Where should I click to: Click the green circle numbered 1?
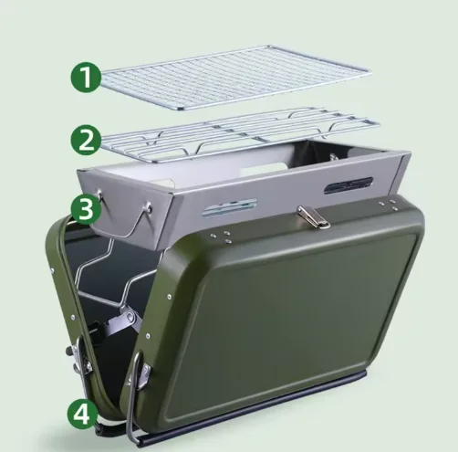(x=86, y=77)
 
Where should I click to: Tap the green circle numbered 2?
(x=86, y=140)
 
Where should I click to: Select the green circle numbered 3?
(x=86, y=210)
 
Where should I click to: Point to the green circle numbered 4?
(x=82, y=415)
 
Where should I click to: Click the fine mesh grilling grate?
(x=234, y=78)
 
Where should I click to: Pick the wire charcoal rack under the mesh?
(x=240, y=134)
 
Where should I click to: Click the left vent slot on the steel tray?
(x=230, y=206)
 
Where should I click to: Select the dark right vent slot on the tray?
(x=349, y=185)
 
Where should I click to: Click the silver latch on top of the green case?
(x=313, y=216)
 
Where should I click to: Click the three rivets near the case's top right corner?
(x=388, y=205)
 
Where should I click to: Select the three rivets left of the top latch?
(x=221, y=237)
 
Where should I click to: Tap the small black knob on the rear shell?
(x=69, y=352)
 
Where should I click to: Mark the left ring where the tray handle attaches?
(x=99, y=193)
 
